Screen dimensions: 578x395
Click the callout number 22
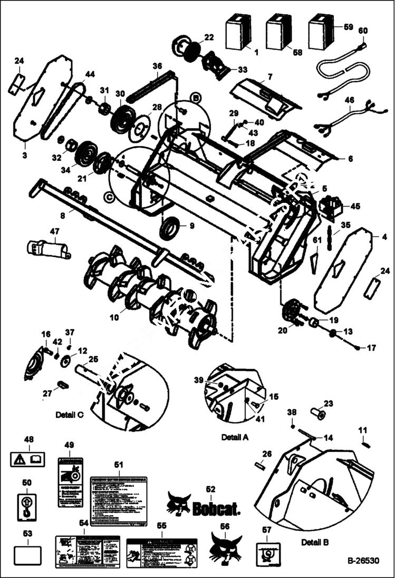tap(209, 37)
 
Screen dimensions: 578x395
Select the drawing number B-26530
tap(363, 562)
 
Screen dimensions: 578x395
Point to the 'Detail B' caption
tap(315, 542)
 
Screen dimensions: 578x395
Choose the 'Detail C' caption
tap(70, 415)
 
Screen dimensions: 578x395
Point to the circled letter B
tap(195, 98)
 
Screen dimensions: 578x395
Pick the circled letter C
tap(109, 197)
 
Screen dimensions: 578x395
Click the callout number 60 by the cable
tap(362, 31)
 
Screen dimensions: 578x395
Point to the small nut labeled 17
tap(358, 348)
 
